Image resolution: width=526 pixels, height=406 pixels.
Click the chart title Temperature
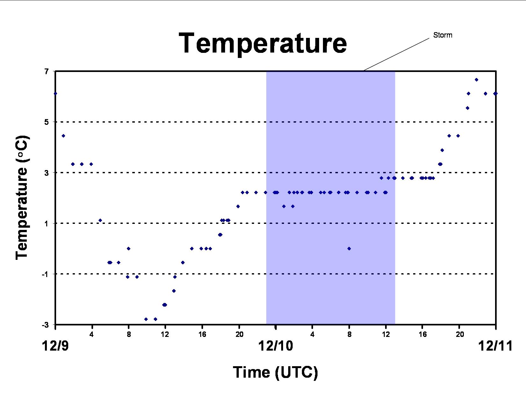click(263, 44)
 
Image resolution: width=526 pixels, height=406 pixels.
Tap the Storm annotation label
click(443, 35)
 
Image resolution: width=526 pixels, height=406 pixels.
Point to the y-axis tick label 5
click(47, 122)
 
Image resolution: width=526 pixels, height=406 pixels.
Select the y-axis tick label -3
click(45, 325)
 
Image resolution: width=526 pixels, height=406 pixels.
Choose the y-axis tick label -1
click(45, 274)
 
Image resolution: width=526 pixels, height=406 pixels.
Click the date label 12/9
click(55, 346)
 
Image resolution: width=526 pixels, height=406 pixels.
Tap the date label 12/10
click(276, 346)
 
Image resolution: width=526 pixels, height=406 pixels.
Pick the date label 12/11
click(495, 346)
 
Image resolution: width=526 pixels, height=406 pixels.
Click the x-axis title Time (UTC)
click(275, 372)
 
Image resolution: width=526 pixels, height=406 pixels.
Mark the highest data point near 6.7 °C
click(476, 80)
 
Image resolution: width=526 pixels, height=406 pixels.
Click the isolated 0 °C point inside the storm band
click(349, 249)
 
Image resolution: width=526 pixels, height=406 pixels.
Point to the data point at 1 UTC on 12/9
click(63, 136)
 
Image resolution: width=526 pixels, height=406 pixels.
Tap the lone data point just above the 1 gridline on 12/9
click(100, 220)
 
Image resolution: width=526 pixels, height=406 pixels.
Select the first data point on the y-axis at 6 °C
click(55, 94)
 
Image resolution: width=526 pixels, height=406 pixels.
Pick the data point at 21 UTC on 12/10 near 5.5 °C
click(468, 108)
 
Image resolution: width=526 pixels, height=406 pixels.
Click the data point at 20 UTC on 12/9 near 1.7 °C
click(238, 206)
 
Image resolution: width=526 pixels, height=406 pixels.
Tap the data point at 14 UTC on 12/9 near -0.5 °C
click(183, 263)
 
